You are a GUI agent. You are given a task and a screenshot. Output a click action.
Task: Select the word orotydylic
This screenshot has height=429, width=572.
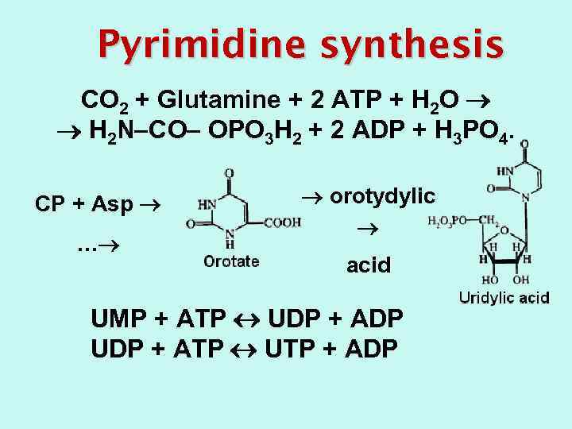[x=382, y=195]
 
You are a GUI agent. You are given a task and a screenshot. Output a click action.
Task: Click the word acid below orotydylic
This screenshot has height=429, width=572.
[x=369, y=265]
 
